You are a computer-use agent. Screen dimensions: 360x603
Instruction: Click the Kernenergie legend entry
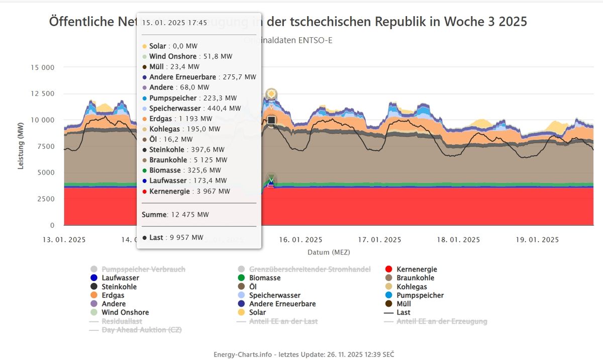tap(416, 269)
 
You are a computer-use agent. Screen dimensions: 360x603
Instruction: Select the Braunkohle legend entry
tap(415, 278)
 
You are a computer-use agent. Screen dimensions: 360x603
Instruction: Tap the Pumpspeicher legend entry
tap(420, 295)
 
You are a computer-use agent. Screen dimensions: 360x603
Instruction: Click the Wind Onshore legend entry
tap(125, 312)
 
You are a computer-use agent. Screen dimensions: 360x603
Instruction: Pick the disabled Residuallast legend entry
tap(122, 321)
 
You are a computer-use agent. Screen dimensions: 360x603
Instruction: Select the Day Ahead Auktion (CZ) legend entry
tap(141, 330)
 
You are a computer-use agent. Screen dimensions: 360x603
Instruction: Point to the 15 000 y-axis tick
tap(42, 67)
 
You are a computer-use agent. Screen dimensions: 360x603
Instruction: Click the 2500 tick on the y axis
tap(45, 199)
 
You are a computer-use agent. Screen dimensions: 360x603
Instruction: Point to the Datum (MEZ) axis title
tap(329, 251)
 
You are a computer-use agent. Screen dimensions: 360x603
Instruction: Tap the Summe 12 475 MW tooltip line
tap(175, 215)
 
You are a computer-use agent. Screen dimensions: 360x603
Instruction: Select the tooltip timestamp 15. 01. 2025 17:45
tap(174, 23)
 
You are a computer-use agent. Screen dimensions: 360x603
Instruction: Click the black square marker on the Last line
tap(271, 120)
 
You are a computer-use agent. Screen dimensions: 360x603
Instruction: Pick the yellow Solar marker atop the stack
tap(271, 94)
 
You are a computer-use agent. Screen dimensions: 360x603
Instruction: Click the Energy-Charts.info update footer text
tap(304, 354)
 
